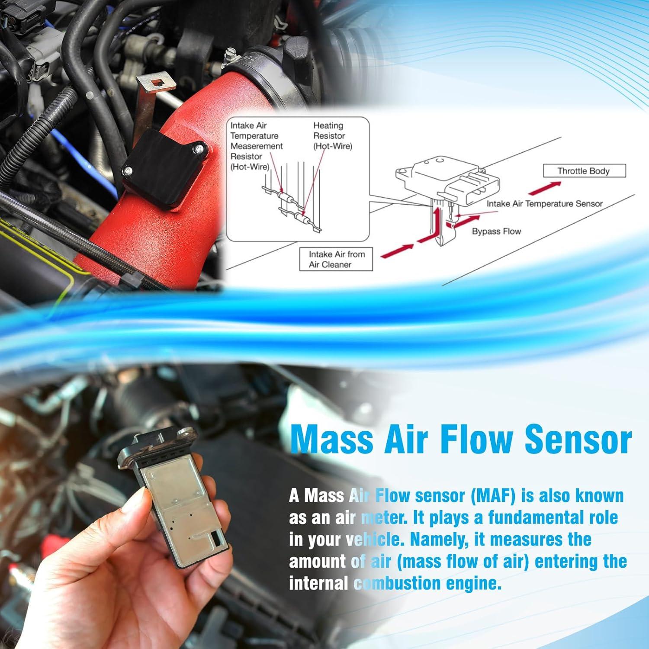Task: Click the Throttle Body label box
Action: point(584,171)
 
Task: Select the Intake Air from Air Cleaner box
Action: point(336,259)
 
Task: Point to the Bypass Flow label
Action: point(496,231)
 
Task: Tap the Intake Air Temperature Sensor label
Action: point(544,204)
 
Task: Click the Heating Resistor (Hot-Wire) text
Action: point(332,136)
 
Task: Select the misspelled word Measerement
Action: point(257,146)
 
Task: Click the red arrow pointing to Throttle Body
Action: point(544,188)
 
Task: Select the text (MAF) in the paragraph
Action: point(493,496)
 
